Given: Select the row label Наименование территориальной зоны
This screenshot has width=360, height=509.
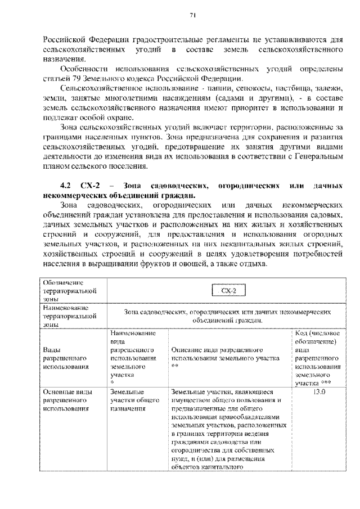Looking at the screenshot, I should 65,317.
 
